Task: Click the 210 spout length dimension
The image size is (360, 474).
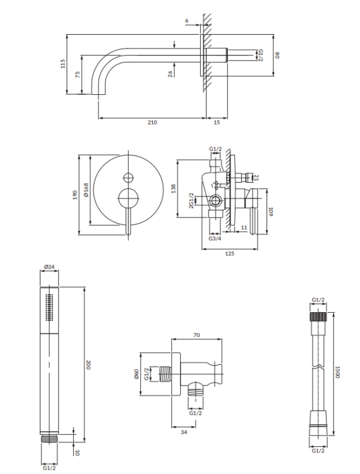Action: click(152, 122)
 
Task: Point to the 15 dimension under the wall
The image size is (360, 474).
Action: click(217, 122)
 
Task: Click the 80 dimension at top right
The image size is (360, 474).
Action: click(277, 55)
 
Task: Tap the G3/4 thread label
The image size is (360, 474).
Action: click(215, 239)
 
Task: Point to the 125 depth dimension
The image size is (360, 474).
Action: click(229, 253)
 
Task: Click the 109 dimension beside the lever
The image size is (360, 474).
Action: click(270, 212)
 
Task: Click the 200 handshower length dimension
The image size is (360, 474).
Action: click(89, 365)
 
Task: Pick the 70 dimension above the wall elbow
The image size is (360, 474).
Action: click(197, 336)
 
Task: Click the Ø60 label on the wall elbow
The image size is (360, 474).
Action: click(136, 375)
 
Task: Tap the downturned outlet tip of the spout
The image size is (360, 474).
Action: click(100, 94)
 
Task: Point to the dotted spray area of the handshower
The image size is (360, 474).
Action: click(49, 308)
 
